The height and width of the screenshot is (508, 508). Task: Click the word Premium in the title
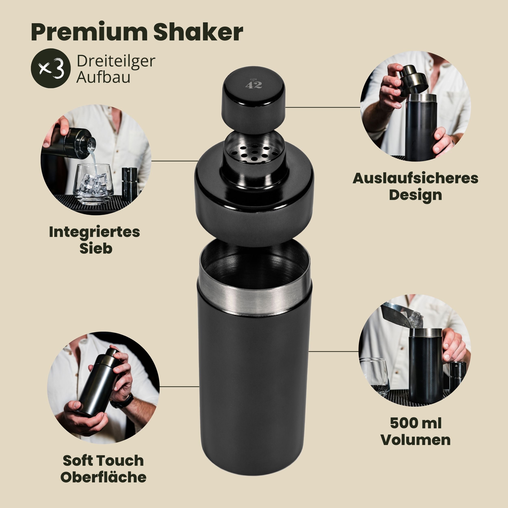[x=89, y=33]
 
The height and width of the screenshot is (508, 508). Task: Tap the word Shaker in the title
[x=198, y=32]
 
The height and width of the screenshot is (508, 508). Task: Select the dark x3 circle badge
[x=51, y=68]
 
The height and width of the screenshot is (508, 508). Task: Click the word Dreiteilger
[x=116, y=62]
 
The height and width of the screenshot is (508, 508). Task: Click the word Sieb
[x=96, y=249]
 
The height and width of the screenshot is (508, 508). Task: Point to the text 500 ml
[x=416, y=423]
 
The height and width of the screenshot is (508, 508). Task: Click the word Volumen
[x=416, y=440]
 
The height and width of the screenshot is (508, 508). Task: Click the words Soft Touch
[x=103, y=460]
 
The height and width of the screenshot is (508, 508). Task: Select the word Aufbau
[x=103, y=78]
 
